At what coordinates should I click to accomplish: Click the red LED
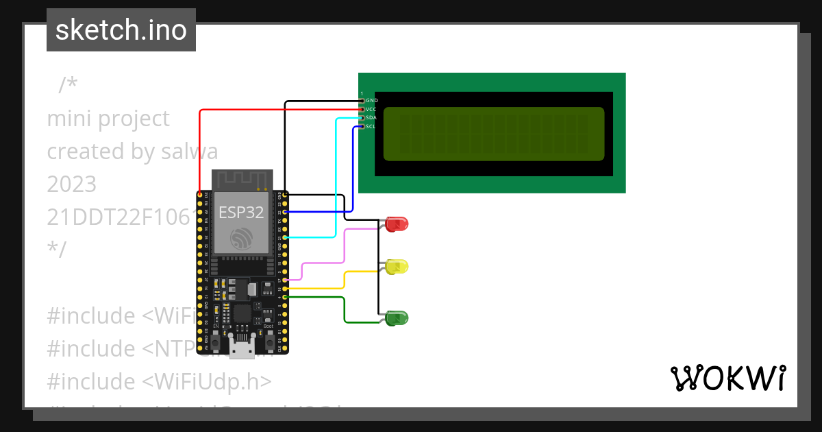[397, 224]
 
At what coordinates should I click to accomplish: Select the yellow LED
[397, 267]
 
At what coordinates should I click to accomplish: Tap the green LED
[397, 317]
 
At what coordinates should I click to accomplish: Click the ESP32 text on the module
[241, 212]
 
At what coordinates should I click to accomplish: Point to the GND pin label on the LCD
[372, 101]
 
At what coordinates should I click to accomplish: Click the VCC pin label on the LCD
[371, 109]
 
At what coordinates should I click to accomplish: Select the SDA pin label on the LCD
[371, 118]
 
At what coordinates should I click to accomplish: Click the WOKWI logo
[727, 379]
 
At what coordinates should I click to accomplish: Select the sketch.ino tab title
[121, 30]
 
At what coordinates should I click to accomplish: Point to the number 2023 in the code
[72, 184]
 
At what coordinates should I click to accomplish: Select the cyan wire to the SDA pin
[336, 178]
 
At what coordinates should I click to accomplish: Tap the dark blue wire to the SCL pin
[353, 171]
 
